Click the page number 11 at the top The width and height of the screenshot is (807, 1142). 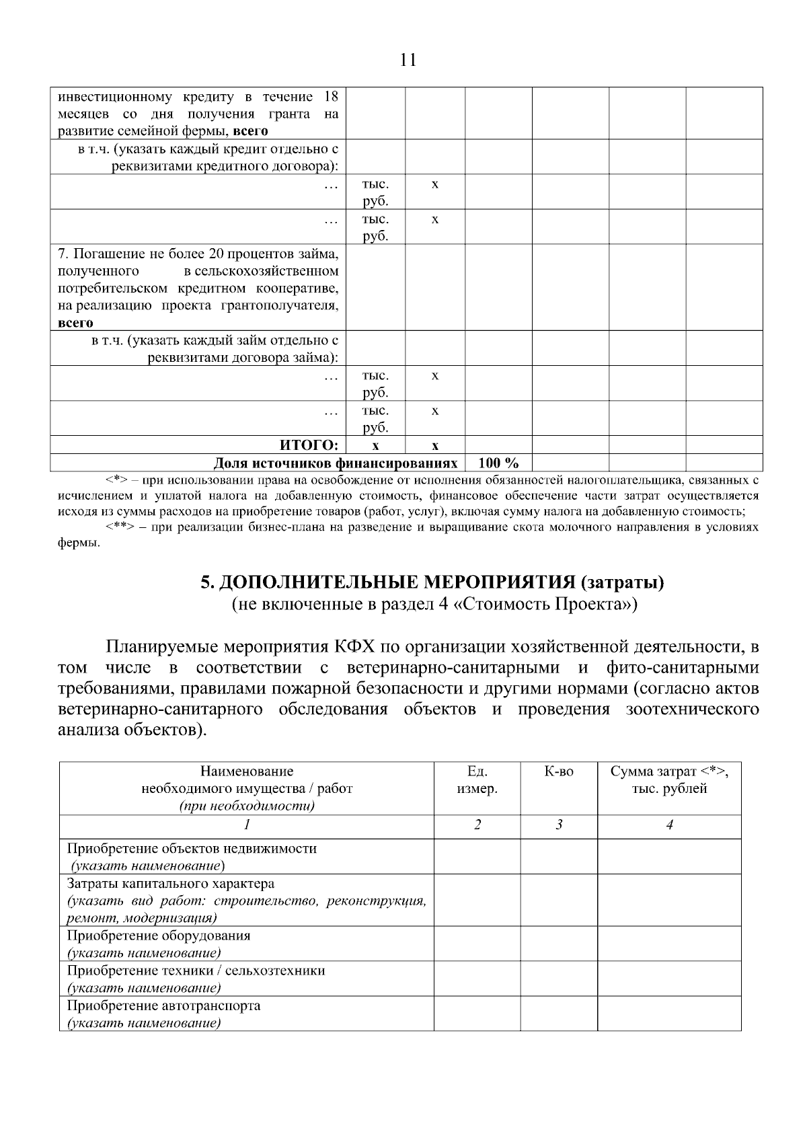pyautogui.click(x=408, y=61)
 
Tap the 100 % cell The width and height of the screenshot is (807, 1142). pyautogui.click(x=498, y=463)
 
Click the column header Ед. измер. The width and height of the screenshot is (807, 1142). pyautogui.click(x=477, y=780)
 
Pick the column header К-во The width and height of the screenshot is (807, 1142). pyautogui.click(x=559, y=771)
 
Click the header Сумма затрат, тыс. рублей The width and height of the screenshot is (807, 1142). pyautogui.click(x=669, y=780)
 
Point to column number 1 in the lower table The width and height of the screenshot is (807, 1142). pyautogui.click(x=247, y=825)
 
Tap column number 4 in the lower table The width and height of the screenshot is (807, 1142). pyautogui.click(x=669, y=825)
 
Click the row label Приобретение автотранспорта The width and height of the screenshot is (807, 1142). pyautogui.click(x=163, y=1005)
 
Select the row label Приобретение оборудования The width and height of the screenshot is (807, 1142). pyautogui.click(x=158, y=936)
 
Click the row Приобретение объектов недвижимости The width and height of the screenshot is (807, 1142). pyautogui.click(x=192, y=848)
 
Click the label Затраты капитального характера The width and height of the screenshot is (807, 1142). pyautogui.click(x=171, y=883)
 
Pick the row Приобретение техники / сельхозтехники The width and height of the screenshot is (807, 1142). pyautogui.click(x=196, y=970)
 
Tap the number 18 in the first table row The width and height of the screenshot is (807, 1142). pyautogui.click(x=330, y=96)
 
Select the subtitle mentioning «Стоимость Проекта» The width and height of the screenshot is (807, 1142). pyautogui.click(x=433, y=604)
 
